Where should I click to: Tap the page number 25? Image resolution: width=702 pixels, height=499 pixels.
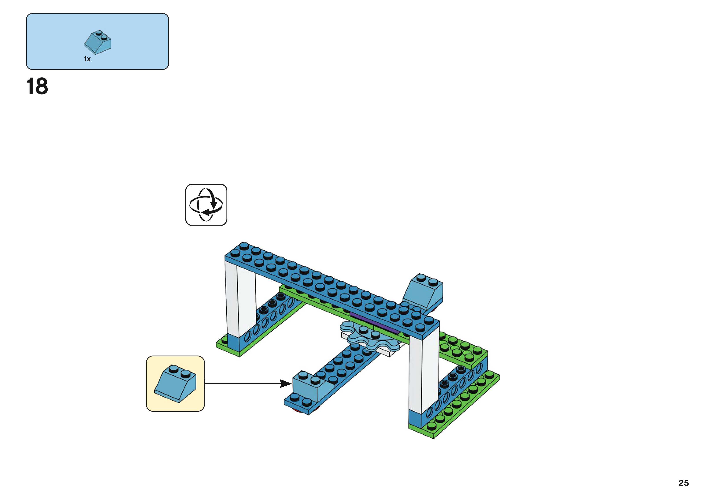pos(683,483)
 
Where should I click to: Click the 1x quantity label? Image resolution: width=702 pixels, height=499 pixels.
pos(87,59)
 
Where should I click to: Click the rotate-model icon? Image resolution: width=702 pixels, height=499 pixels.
pos(206,205)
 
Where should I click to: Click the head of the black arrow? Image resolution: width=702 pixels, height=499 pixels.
pos(286,383)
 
